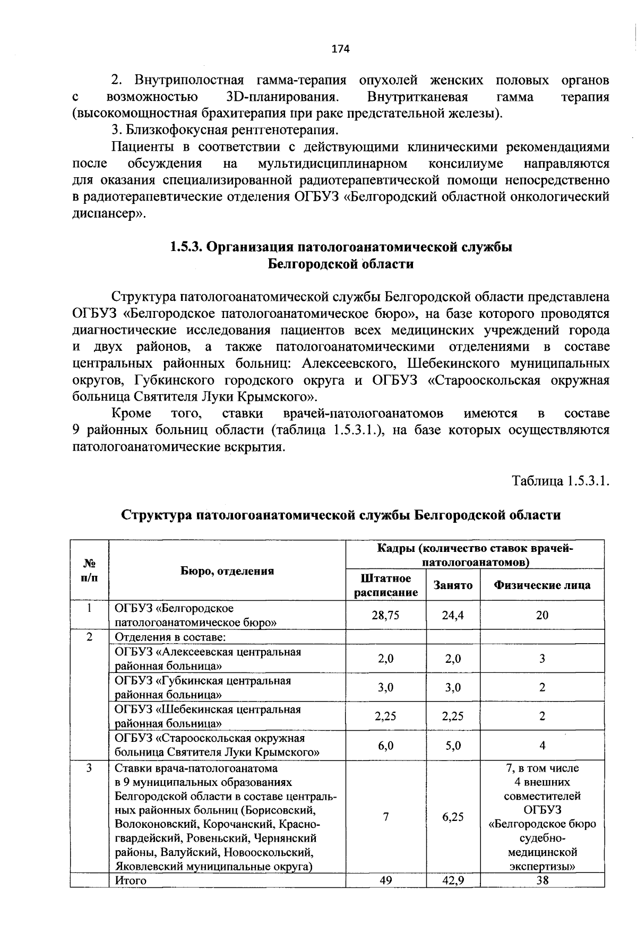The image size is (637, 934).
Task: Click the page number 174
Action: (x=340, y=49)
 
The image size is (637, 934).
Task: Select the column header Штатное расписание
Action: (x=386, y=585)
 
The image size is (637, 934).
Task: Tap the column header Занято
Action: (x=453, y=585)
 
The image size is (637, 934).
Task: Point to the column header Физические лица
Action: (x=542, y=585)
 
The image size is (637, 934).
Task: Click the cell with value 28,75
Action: (x=386, y=615)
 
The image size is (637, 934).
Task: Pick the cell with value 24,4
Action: (x=453, y=615)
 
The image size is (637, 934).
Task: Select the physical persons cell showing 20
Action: (x=542, y=615)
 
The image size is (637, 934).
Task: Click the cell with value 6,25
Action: (x=453, y=817)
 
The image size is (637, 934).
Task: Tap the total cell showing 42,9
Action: (x=453, y=880)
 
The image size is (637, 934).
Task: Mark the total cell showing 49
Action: (x=386, y=880)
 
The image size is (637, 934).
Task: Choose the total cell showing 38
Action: (x=542, y=880)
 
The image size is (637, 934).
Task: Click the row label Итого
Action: (x=131, y=880)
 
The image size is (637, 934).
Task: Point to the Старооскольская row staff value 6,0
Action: (x=386, y=745)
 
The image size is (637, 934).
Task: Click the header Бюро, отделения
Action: (x=227, y=570)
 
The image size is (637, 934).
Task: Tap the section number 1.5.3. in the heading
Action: (x=186, y=247)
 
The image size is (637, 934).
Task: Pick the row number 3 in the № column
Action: (x=89, y=768)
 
